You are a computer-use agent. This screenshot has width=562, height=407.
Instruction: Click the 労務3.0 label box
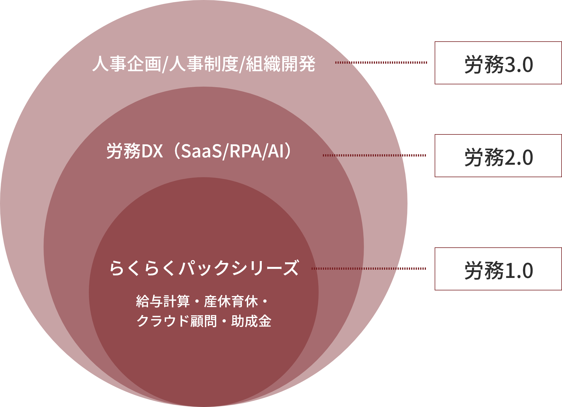(498, 63)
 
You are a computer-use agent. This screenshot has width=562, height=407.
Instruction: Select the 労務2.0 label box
(498, 156)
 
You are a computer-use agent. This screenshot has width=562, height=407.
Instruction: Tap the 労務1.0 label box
(498, 269)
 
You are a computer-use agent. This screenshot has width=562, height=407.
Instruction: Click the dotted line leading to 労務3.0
(389, 63)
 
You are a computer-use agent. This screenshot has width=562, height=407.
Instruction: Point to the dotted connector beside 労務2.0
(414, 155)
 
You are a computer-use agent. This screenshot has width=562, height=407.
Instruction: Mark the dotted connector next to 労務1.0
(412, 269)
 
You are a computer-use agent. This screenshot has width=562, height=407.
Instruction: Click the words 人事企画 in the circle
(127, 64)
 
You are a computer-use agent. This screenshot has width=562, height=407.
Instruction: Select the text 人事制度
(204, 64)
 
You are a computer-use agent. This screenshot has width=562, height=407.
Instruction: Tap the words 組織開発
(280, 64)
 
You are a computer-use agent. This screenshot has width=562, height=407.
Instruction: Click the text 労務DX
(135, 151)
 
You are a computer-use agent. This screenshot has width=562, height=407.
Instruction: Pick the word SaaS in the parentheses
(201, 151)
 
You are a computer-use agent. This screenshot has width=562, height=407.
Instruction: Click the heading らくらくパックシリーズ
(204, 268)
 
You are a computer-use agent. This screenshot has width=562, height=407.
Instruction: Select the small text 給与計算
(163, 301)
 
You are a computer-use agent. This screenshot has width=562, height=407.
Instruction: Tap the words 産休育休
(231, 301)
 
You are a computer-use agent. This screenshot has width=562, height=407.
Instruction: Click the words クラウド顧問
(177, 321)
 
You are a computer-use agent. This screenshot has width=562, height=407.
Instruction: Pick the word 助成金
(251, 321)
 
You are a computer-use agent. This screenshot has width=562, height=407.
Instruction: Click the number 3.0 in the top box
(519, 65)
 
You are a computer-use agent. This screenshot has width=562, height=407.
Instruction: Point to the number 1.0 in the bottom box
(519, 271)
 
